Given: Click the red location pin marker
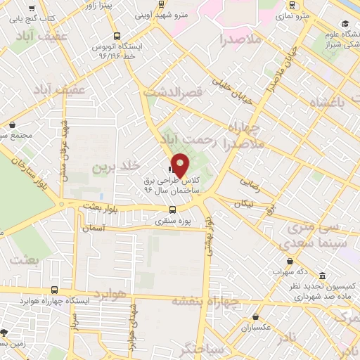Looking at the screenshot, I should [x=181, y=165].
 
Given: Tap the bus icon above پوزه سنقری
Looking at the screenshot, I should [x=173, y=209].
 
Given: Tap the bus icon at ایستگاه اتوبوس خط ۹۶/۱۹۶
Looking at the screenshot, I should [x=116, y=36].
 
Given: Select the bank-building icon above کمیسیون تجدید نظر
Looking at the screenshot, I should [x=321, y=276].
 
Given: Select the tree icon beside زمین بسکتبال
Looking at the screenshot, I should [x=5, y=332].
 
